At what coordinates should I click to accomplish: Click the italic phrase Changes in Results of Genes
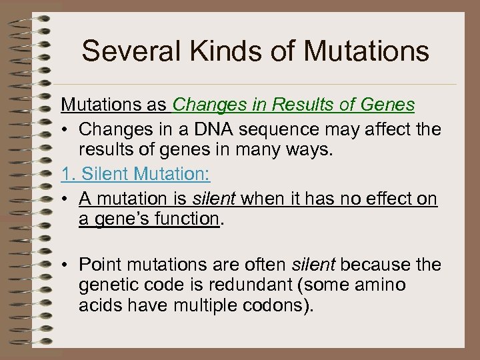[293, 105]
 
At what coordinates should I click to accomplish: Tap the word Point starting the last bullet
[100, 265]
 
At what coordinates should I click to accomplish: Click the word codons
[279, 306]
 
